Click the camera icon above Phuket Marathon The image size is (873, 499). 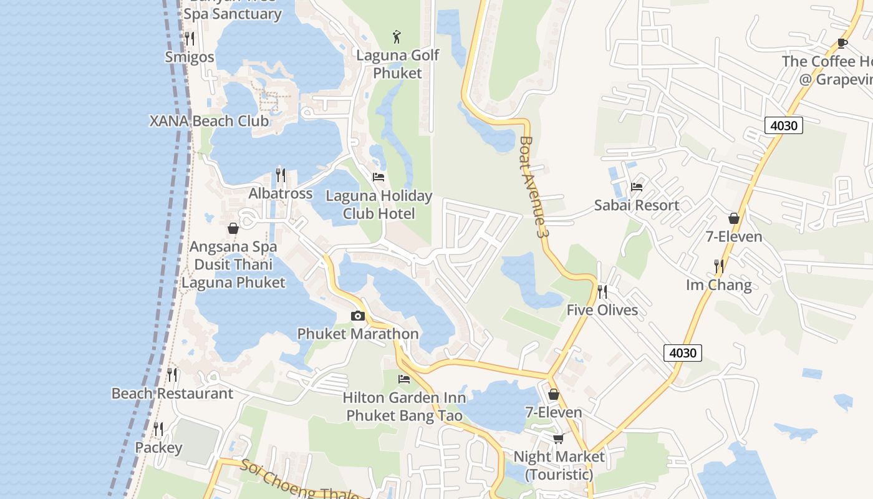coord(357,316)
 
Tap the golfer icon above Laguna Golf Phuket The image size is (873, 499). coord(397,37)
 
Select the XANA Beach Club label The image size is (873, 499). coord(209,121)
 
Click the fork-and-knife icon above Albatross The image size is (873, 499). coord(281,175)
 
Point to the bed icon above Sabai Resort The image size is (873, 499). coord(637,187)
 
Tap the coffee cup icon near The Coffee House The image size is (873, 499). coord(842,43)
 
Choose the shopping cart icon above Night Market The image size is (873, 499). coord(559,438)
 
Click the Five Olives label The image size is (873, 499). coord(602,310)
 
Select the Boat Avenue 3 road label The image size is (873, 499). coord(533,187)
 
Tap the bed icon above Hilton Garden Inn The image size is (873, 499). coord(404,379)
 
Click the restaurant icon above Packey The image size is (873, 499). coord(158,429)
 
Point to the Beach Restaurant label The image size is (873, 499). coord(172,394)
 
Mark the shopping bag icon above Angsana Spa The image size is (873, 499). coord(233,228)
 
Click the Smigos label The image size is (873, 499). coord(190,57)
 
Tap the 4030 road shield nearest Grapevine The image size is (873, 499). coord(784,125)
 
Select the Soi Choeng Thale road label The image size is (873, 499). coord(299,482)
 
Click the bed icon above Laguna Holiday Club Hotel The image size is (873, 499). coord(379,177)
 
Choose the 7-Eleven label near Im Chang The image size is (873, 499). coord(734,236)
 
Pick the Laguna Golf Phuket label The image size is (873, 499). coord(398,64)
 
